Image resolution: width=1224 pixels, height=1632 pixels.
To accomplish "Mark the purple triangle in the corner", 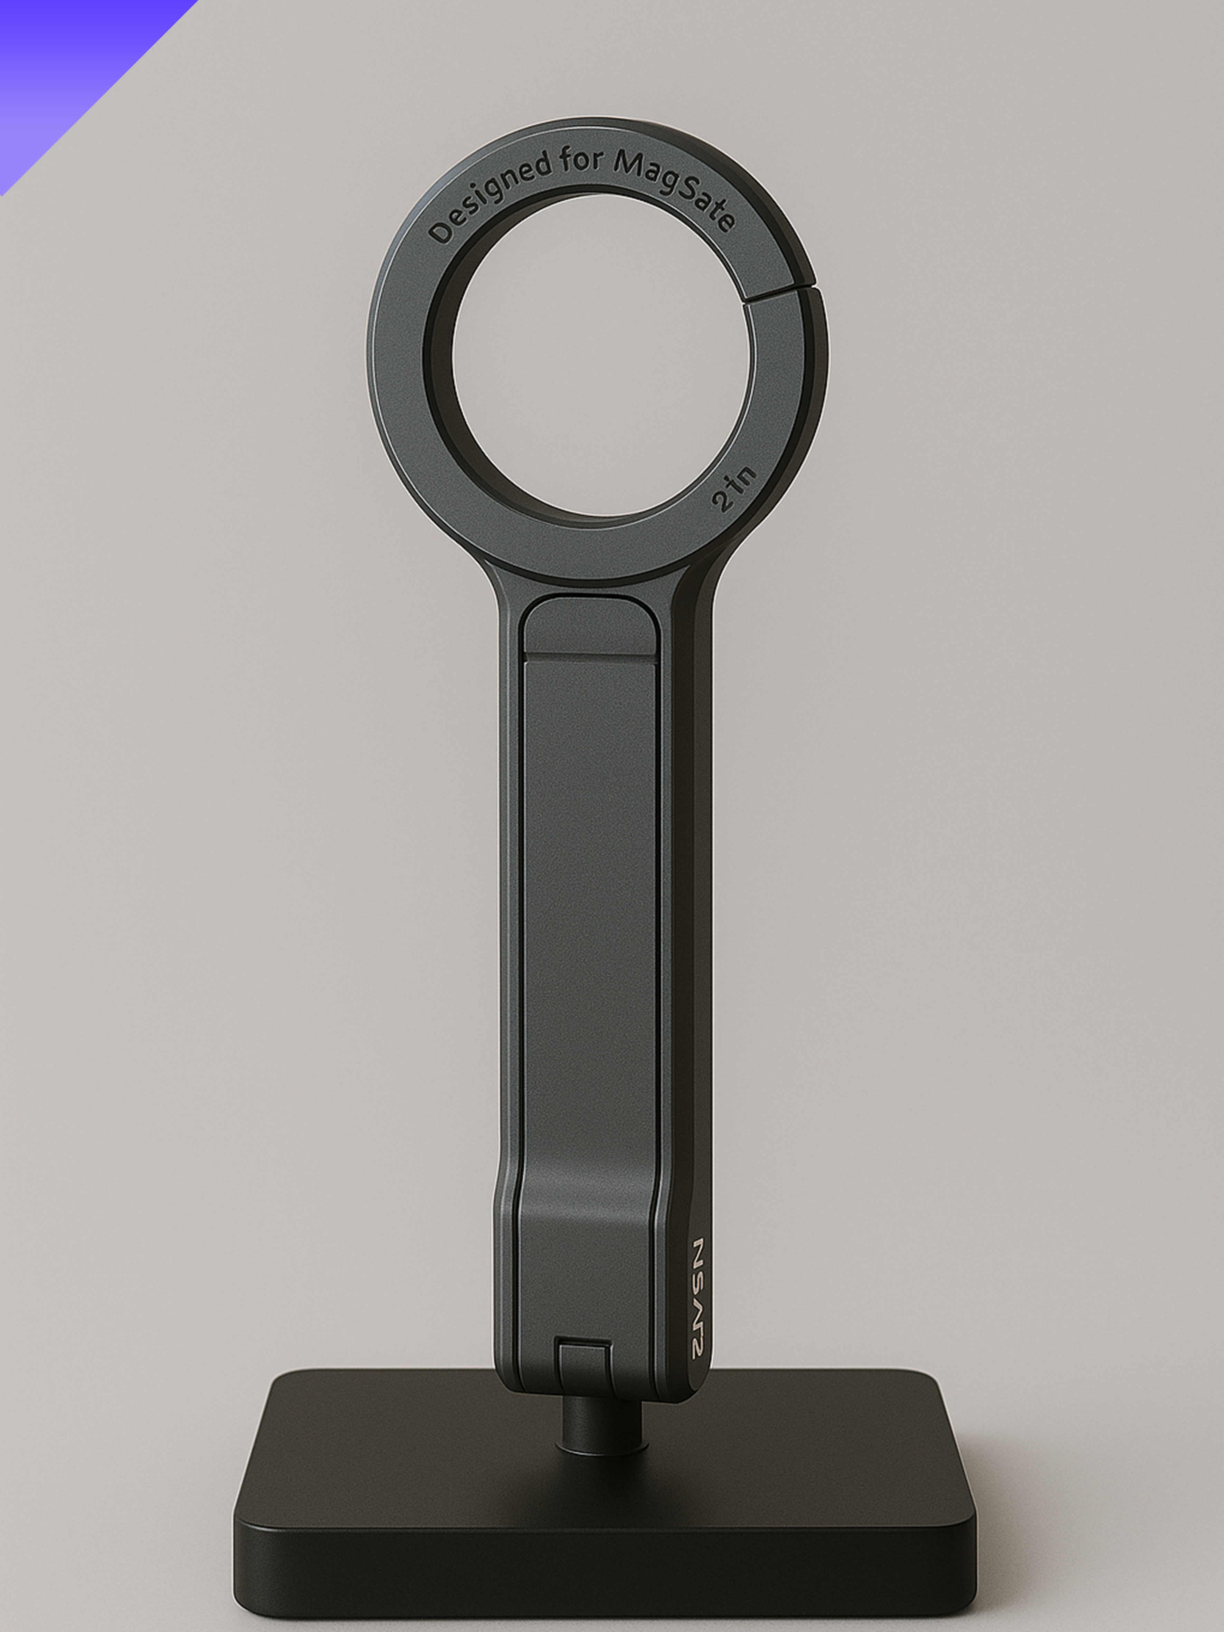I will tap(59, 59).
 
